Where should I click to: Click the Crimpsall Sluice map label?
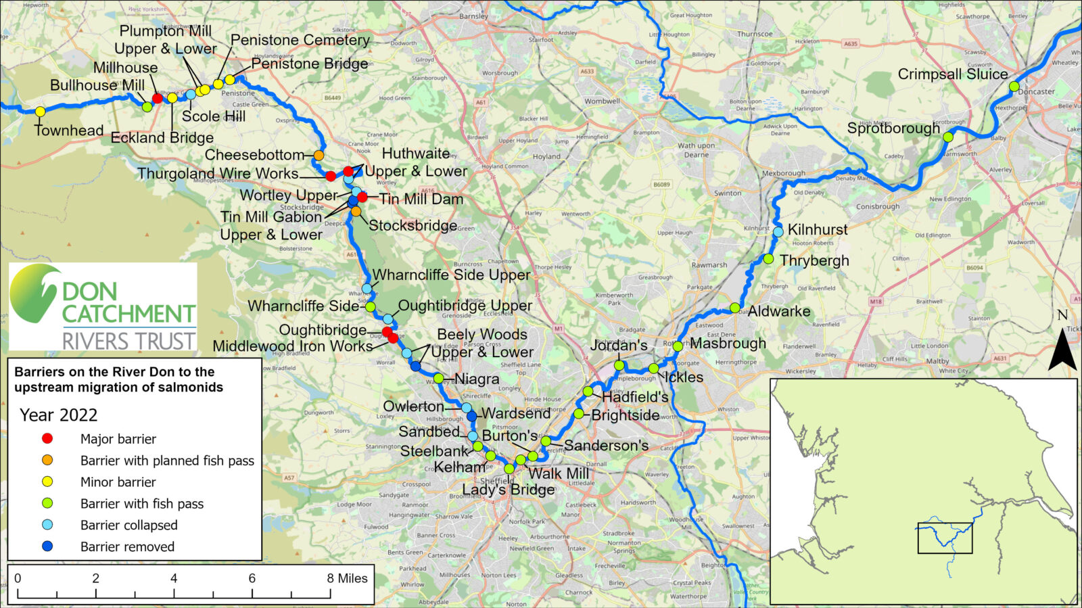952,74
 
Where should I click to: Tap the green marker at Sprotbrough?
948,137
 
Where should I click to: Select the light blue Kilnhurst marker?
778,232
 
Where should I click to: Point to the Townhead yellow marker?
40,112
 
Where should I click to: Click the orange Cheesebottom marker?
319,156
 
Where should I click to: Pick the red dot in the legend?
47,438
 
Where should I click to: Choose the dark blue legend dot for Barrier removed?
47,546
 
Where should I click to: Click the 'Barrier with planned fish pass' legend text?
167,461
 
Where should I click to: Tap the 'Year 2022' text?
58,415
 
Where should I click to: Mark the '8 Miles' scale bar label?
347,578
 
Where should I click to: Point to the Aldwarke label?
779,312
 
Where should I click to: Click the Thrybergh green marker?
768,259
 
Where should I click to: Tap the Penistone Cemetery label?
300,41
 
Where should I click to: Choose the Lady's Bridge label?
508,490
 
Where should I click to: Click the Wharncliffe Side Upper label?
452,275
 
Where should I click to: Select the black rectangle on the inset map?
945,538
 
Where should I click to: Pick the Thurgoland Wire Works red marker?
331,177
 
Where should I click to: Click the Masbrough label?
728,344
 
